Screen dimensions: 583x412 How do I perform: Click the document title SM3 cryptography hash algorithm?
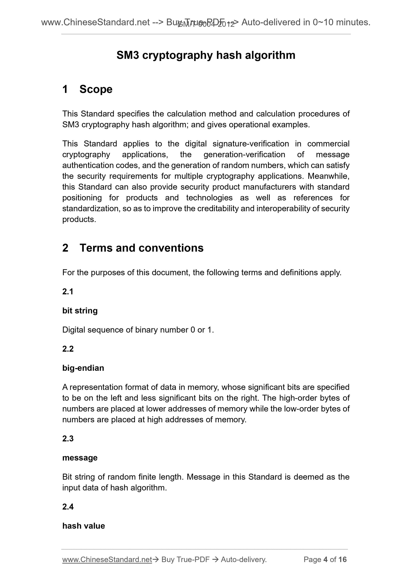point(206,55)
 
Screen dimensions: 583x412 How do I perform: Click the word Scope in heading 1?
point(96,89)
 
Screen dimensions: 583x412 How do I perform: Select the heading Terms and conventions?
point(141,248)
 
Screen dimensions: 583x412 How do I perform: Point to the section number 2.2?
point(68,349)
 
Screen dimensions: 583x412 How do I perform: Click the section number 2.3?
point(68,439)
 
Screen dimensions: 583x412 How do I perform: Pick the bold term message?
point(80,458)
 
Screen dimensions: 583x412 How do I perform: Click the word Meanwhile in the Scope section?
point(328,176)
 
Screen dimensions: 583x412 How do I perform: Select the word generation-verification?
point(244,155)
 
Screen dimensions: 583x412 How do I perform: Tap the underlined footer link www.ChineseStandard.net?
point(107,559)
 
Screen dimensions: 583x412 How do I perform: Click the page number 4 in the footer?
point(326,559)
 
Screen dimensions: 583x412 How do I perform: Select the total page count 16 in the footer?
point(342,559)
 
